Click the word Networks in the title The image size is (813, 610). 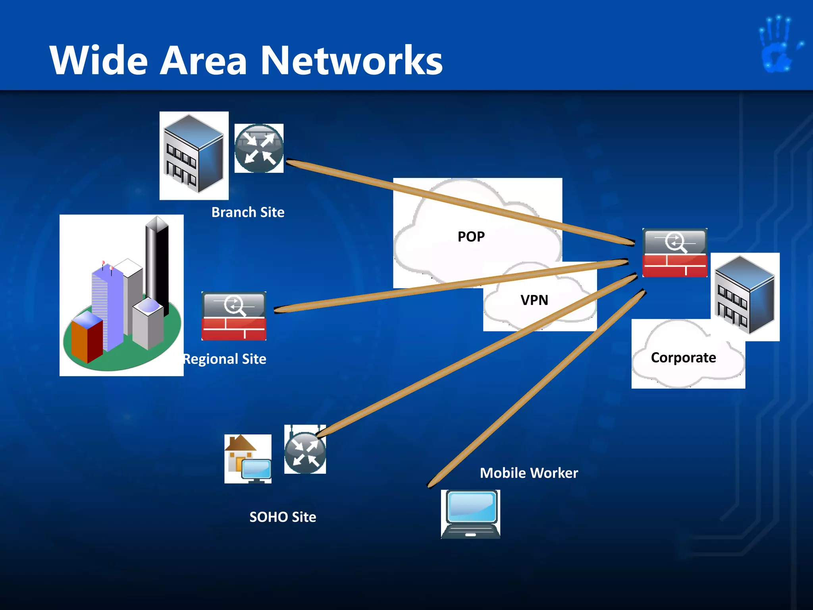352,60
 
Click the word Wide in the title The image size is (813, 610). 98,60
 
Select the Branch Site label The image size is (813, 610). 248,212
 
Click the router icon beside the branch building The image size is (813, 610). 259,149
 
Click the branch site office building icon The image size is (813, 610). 194,155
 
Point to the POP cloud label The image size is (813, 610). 471,237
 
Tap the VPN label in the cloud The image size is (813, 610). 534,300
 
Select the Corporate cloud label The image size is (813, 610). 683,358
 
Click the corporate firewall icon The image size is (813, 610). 674,253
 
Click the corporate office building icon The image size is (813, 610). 745,296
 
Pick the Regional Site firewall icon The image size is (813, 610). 234,316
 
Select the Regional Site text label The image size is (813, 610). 225,359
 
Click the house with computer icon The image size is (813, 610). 248,459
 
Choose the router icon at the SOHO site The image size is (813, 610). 305,452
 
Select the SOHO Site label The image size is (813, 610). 283,517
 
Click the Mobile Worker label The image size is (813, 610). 529,473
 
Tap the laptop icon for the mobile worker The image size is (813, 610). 471,514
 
